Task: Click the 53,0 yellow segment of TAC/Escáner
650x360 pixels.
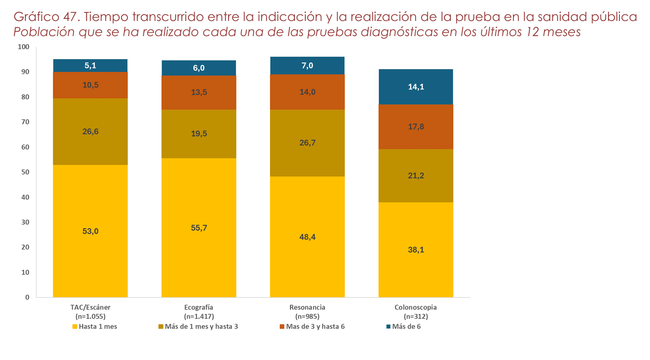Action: [x=90, y=231]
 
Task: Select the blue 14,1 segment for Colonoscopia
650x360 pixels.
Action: [x=416, y=87]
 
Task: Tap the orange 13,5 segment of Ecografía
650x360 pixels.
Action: [x=199, y=92]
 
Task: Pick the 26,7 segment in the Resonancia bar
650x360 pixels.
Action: [x=307, y=143]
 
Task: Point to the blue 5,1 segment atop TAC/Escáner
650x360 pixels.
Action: [x=90, y=65]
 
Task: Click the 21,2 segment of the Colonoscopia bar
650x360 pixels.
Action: [x=416, y=176]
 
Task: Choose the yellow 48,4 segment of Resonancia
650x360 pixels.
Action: [x=307, y=237]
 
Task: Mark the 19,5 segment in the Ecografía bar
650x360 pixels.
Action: [x=199, y=134]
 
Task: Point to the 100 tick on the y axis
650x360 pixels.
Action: [x=24, y=47]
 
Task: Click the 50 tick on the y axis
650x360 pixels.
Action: [x=26, y=172]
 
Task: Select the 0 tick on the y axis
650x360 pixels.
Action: [x=27, y=297]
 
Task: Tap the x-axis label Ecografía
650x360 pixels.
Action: [x=199, y=307]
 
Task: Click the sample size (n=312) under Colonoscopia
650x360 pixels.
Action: [x=416, y=316]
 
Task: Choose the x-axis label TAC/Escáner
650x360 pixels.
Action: [x=90, y=307]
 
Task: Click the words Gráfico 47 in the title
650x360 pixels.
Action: [x=46, y=17]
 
